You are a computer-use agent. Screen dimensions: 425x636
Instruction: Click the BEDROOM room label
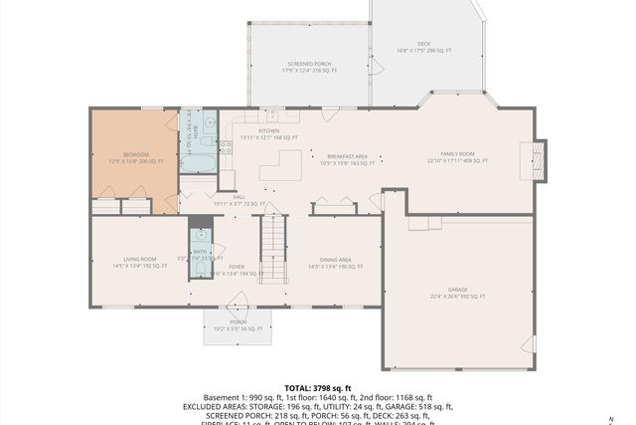point(135,154)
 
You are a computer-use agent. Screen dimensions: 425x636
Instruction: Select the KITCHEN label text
point(268,130)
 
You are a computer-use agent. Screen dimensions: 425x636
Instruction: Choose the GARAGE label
point(457,292)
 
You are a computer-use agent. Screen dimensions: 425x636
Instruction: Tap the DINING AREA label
point(329,260)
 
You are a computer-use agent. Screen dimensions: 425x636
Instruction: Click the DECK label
point(424,45)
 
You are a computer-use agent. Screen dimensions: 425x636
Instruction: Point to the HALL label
point(239,197)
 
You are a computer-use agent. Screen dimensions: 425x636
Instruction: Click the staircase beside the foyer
point(272,248)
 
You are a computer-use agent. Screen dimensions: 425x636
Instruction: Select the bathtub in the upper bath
point(199,160)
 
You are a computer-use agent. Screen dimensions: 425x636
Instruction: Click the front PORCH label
point(238,322)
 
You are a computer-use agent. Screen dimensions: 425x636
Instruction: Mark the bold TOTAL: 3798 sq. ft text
point(318,388)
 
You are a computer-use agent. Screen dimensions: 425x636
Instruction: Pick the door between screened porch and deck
point(375,66)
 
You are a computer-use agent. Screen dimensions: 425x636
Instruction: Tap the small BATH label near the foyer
point(200,252)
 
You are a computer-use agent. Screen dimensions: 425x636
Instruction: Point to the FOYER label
point(237,267)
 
